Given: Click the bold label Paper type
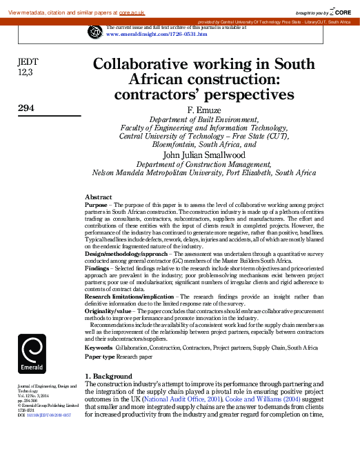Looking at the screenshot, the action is coord(101,357).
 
